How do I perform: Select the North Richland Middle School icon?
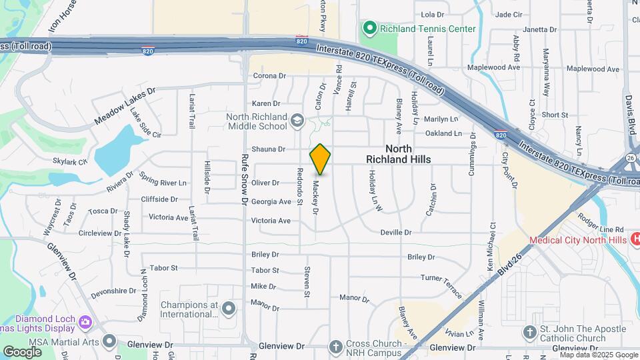point(297,121)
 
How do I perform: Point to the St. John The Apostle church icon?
point(529,332)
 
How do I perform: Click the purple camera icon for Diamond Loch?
point(85,322)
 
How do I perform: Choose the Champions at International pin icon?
point(229,308)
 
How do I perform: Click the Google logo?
point(22,351)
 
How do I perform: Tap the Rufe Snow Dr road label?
point(245,180)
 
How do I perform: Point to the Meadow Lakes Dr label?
point(124,105)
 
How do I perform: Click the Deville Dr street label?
point(396,233)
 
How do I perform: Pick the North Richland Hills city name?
point(398,154)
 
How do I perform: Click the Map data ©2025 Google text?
point(599,355)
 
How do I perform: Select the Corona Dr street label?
point(269,76)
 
